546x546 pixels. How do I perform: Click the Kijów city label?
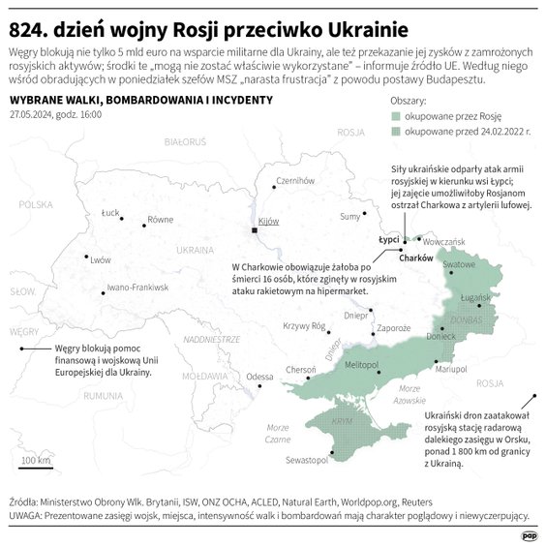point(270,222)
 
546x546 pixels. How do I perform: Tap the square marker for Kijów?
point(255,231)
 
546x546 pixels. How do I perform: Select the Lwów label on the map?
point(101,259)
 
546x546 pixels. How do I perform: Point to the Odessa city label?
point(260,376)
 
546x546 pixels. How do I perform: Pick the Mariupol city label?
point(451,370)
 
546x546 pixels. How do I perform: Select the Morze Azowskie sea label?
point(409,394)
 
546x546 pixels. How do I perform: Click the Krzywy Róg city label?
point(303,326)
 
